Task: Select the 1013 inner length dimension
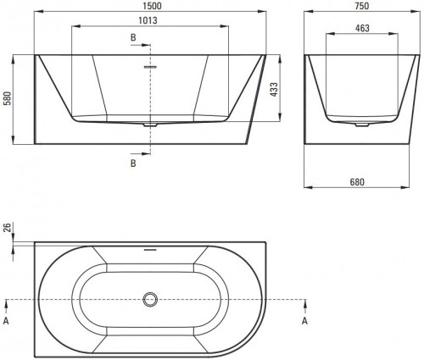pos(150,20)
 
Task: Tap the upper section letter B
pos(132,38)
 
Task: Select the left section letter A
pos(8,321)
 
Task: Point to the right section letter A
pos(304,321)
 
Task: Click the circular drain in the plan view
pos(151,299)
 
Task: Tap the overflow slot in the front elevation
pos(150,66)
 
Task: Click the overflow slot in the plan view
pos(151,251)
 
